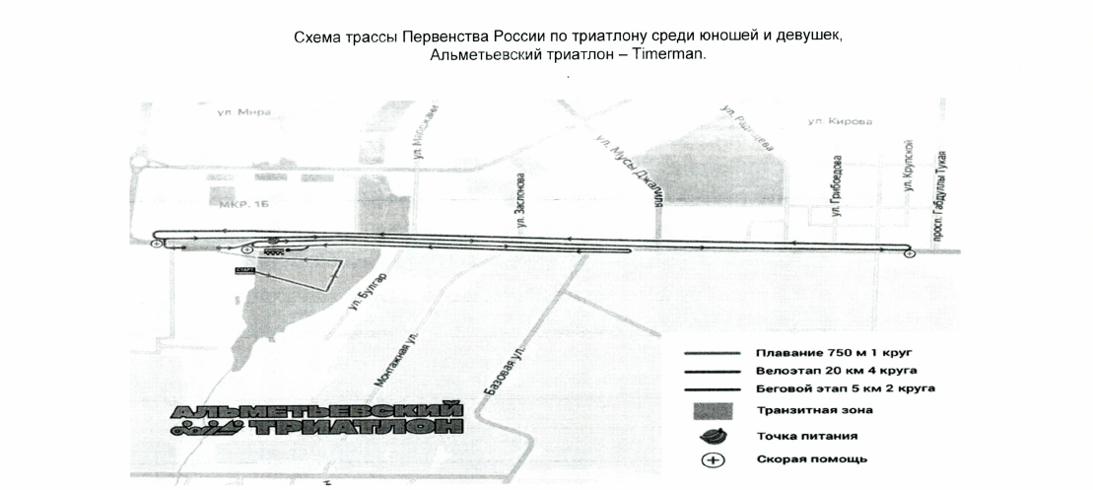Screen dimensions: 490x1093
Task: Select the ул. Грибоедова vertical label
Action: (836, 184)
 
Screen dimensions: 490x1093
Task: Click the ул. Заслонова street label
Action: (520, 203)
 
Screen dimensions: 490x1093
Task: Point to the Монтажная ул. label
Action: (387, 357)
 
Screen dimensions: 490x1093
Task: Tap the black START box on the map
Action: (245, 268)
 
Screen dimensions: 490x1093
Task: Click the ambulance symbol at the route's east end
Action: (909, 253)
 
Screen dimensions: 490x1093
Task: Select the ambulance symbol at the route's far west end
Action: (156, 242)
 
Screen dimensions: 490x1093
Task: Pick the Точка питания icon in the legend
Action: (713, 435)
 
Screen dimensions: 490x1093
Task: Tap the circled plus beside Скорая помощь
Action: (713, 458)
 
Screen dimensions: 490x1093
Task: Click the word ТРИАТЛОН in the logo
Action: (355, 428)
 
